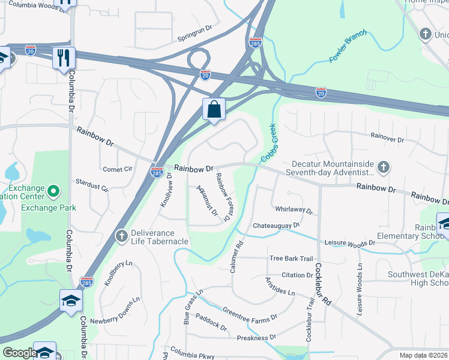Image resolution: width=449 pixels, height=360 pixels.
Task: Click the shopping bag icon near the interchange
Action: point(214,109)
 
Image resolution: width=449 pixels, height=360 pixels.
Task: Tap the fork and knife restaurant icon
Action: point(63,58)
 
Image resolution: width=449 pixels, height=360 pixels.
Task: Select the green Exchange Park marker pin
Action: point(53,192)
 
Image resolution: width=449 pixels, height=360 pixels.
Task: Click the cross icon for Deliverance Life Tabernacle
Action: point(121,234)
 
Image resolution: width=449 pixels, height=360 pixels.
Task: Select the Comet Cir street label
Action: point(117,169)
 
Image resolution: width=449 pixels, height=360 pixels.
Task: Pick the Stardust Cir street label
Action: point(92,185)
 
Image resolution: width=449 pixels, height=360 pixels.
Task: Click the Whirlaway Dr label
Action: point(294,211)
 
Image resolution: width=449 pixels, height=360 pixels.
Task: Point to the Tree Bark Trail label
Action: point(291,259)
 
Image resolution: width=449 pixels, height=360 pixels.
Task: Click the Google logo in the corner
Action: point(19,353)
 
